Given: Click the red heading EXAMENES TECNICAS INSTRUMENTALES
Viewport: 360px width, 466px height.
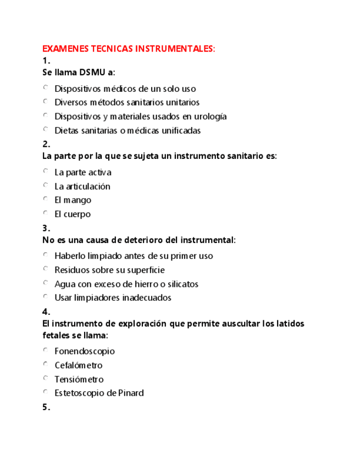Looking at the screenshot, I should coord(129,49).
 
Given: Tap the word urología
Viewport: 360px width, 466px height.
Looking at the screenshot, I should coord(211,116).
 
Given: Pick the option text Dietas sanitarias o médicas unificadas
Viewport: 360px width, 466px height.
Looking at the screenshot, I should coord(128,130).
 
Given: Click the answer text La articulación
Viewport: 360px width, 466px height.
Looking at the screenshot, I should coord(82,186).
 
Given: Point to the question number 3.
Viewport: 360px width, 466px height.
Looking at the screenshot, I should coord(46,228).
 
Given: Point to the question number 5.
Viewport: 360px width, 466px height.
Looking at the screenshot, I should coord(46,407).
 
